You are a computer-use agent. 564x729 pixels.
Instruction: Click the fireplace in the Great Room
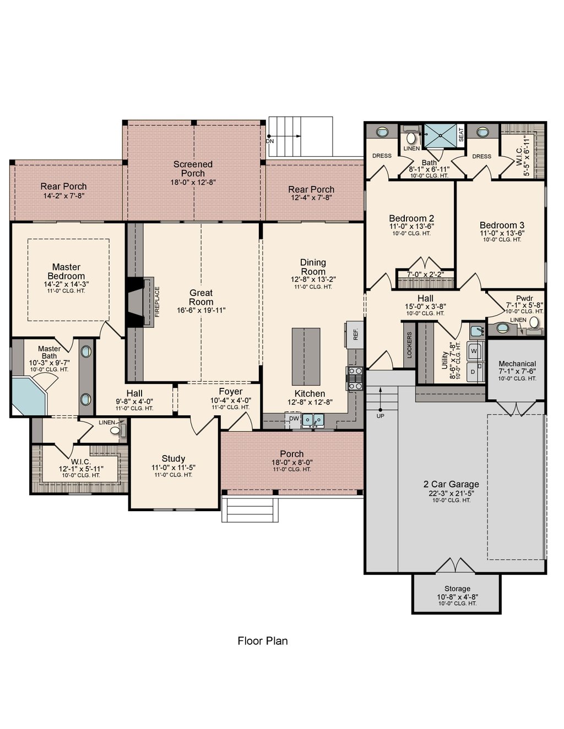click(138, 303)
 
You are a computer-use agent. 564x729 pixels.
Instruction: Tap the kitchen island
click(306, 356)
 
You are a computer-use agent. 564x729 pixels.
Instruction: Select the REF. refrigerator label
click(355, 333)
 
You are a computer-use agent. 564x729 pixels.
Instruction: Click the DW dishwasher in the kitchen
click(294, 419)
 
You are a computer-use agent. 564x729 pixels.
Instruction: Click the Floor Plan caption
click(262, 641)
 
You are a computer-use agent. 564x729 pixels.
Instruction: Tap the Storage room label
click(457, 589)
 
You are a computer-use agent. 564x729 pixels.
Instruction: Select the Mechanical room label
click(517, 364)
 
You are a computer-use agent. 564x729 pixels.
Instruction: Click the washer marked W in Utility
click(474, 350)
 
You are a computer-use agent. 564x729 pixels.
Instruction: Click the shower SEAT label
click(461, 134)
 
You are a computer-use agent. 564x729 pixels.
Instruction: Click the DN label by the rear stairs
click(269, 141)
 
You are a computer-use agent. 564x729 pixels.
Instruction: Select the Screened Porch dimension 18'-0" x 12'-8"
click(193, 182)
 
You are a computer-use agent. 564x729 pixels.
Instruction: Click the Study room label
click(173, 459)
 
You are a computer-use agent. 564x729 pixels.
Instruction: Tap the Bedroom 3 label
click(502, 225)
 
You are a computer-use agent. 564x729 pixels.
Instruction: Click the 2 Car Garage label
click(451, 484)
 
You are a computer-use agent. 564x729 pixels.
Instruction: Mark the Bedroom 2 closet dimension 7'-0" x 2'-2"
click(425, 274)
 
